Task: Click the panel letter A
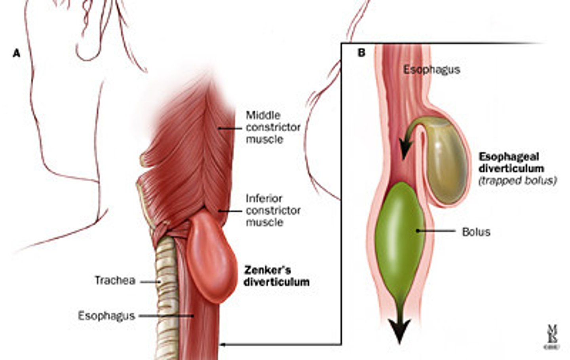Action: [x=17, y=53]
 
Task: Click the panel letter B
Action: [x=361, y=53]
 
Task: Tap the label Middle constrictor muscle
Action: [x=273, y=127]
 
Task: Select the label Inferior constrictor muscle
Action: [x=273, y=210]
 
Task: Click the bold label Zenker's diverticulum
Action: [x=276, y=276]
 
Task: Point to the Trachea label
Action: [x=115, y=280]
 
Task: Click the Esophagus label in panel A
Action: [x=106, y=316]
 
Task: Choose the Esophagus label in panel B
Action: [x=431, y=70]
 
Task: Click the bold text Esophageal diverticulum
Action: [x=511, y=163]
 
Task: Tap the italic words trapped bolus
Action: [x=517, y=181]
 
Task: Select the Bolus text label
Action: [x=476, y=232]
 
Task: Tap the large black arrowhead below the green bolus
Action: [x=399, y=330]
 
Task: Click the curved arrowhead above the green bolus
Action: [x=405, y=150]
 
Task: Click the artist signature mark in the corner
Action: [x=552, y=336]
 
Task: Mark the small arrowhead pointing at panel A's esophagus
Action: [x=223, y=345]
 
